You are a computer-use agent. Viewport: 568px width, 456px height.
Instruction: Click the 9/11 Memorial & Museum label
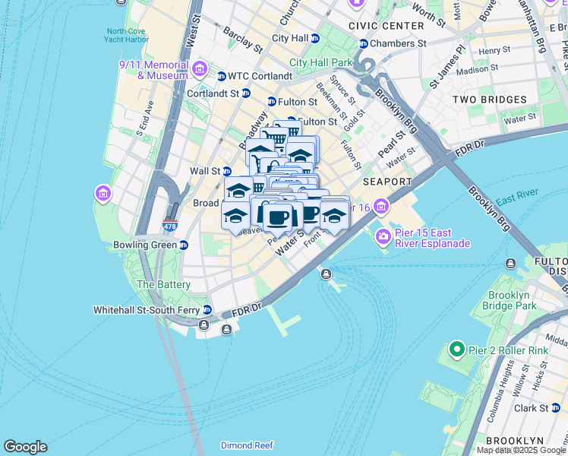[x=153, y=70]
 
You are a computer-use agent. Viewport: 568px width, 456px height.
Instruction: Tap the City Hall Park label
[x=321, y=62]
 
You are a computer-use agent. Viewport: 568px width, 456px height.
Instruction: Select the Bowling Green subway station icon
[x=184, y=245]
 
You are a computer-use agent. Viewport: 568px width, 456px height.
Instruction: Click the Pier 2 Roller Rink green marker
[x=456, y=350]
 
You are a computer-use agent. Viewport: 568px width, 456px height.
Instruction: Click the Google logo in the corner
[x=25, y=447]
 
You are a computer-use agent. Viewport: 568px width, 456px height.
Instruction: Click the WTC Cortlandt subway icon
[x=222, y=76]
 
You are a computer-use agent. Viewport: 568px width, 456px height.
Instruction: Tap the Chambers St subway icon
[x=363, y=44]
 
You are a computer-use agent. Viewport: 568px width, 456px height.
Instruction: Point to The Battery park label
[x=163, y=284]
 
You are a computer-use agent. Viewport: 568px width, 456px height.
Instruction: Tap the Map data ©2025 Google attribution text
[x=521, y=450]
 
